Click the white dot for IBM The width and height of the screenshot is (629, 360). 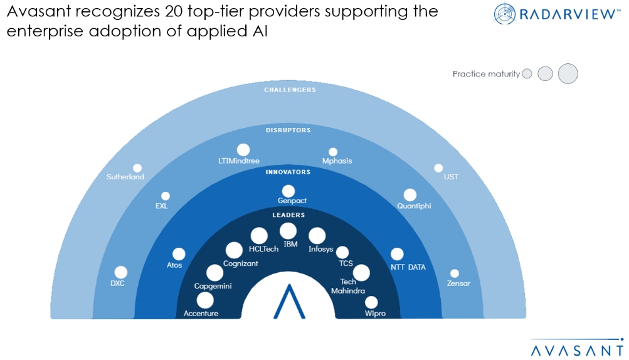pos(288,231)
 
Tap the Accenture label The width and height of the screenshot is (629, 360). pos(201,313)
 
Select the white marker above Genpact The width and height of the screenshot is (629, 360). pos(288,191)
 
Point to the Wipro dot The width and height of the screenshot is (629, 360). pos(371,302)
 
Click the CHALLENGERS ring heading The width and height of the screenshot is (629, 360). pos(289,90)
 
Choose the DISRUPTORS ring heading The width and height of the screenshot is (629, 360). pos(288,130)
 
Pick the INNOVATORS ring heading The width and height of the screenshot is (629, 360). pos(288,172)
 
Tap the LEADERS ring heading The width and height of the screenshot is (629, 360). pos(288,215)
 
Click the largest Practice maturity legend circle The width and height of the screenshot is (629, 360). pos(568,73)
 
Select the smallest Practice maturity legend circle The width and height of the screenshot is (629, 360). pos(527,74)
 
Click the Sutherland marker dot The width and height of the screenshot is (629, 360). pos(137,168)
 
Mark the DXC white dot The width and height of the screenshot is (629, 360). pos(121,272)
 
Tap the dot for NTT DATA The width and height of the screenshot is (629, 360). pos(397,254)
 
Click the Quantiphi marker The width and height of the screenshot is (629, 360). pos(410,195)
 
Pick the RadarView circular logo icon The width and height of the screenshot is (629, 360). pos(505,14)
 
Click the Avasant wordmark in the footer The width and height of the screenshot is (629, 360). pos(578,349)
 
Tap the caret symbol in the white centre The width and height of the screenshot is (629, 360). pos(288,302)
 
